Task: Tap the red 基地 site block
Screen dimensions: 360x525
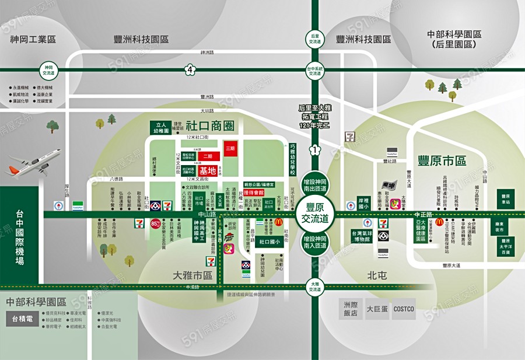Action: [x=208, y=170]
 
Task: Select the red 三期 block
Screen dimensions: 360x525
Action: [x=230, y=149]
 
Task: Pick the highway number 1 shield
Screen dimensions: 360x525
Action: [x=315, y=150]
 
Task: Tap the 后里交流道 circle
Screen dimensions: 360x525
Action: [x=315, y=39]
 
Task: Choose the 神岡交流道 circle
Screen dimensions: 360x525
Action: [x=48, y=70]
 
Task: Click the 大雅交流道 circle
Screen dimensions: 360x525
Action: [x=315, y=286]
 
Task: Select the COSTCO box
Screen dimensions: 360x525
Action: [x=404, y=309]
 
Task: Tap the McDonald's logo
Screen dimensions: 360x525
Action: [x=279, y=222]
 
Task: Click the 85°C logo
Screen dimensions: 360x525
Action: [x=156, y=223]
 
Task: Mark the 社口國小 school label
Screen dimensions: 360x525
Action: [x=269, y=242]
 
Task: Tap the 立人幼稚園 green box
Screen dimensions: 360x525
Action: [x=159, y=127]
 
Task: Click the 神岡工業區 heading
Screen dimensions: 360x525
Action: [x=33, y=39]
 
